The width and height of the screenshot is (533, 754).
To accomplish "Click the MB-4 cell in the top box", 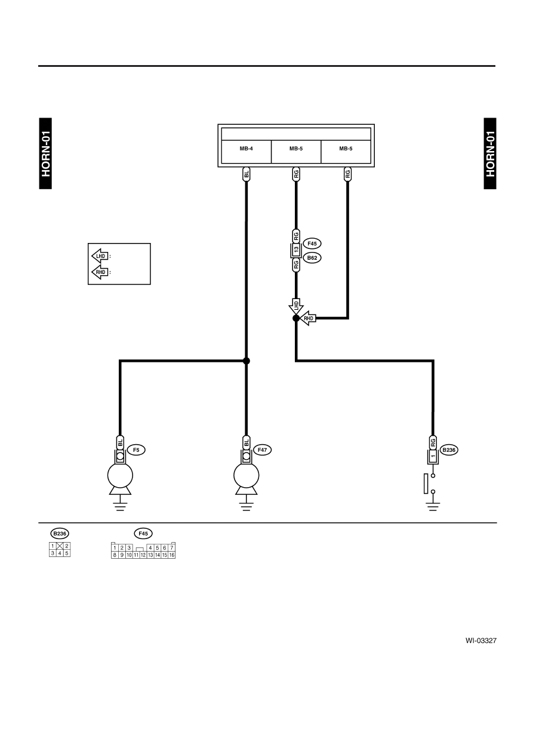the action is click(x=246, y=152).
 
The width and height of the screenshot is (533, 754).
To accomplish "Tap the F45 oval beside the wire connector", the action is click(x=312, y=244).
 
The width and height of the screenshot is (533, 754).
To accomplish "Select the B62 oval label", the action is click(x=312, y=258).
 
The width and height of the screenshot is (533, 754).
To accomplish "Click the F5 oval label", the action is click(x=136, y=450).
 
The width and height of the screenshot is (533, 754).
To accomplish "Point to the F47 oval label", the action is click(x=262, y=450).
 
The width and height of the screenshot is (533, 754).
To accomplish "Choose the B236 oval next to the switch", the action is click(x=449, y=450).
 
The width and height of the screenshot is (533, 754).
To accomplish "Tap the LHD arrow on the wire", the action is click(x=296, y=306).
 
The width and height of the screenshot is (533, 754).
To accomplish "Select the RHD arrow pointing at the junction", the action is click(x=308, y=318).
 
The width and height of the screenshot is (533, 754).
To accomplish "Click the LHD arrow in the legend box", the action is click(x=100, y=256).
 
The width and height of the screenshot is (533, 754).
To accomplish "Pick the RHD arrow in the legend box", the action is click(x=100, y=272).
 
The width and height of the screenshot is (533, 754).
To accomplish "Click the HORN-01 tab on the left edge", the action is click(x=45, y=153).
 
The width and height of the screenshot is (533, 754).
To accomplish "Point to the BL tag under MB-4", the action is click(x=247, y=174).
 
